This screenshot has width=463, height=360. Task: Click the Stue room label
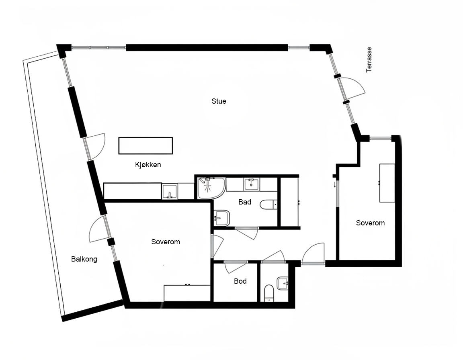219,101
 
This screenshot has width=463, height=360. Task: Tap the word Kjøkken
148,165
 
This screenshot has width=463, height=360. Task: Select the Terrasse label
369,59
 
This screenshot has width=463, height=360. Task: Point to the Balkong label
84,259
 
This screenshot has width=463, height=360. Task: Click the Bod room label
240,281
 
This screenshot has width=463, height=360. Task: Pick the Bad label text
245,202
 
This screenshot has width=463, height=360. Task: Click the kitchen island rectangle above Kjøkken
145,146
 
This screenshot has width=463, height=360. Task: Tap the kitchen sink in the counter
170,192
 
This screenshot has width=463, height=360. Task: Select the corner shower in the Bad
211,188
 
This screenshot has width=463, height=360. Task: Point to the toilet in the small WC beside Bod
269,293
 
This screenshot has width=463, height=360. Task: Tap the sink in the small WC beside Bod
283,284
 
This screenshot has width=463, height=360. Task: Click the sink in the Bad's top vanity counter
251,184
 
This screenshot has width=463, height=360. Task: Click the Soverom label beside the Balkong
165,242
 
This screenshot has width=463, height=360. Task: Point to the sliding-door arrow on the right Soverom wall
334,185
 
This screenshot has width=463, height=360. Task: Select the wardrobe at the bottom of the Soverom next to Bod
187,293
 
